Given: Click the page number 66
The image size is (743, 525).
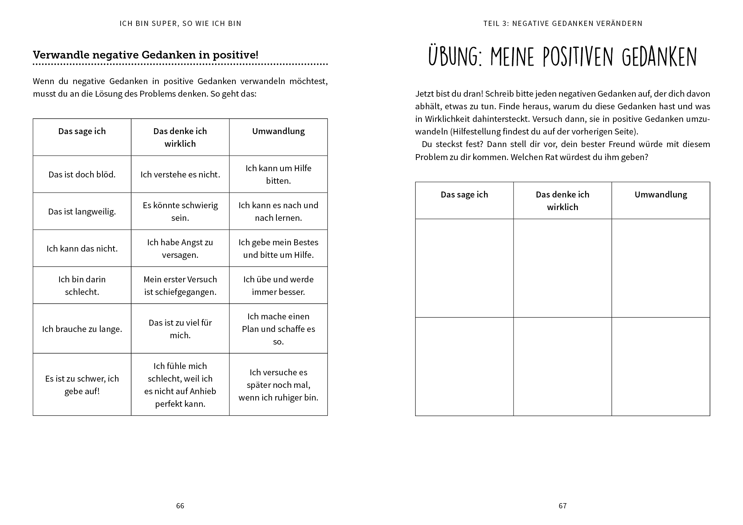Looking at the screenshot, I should (180, 506).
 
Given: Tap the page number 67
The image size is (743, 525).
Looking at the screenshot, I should (562, 506).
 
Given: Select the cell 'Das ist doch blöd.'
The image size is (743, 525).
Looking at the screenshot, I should (82, 175).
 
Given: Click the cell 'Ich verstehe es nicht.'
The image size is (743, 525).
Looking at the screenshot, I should (180, 175).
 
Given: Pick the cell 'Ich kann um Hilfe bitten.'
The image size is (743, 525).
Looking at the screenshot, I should (278, 174).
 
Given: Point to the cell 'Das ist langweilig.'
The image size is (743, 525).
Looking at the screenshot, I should (82, 212).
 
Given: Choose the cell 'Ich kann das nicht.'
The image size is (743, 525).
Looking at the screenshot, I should (82, 249).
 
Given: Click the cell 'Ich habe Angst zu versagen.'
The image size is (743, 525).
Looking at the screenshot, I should (180, 248).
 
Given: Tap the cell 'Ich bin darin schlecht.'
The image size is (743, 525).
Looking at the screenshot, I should (82, 285).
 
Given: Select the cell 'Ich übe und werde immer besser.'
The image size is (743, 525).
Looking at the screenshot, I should (278, 285).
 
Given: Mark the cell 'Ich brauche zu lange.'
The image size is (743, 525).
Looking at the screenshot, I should (82, 329).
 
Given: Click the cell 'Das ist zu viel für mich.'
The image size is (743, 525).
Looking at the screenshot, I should (180, 329).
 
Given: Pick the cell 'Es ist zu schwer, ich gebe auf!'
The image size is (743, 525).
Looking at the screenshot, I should (82, 385).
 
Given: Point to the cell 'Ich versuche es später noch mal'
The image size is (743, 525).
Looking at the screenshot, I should (278, 385).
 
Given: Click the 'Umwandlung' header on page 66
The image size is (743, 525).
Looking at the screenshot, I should (278, 131).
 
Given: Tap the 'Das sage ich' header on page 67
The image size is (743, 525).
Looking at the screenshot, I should (464, 195).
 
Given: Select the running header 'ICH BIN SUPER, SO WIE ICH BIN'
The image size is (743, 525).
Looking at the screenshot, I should (180, 23).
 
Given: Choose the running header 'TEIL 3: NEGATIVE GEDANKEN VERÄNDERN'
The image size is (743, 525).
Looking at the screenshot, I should (562, 23).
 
